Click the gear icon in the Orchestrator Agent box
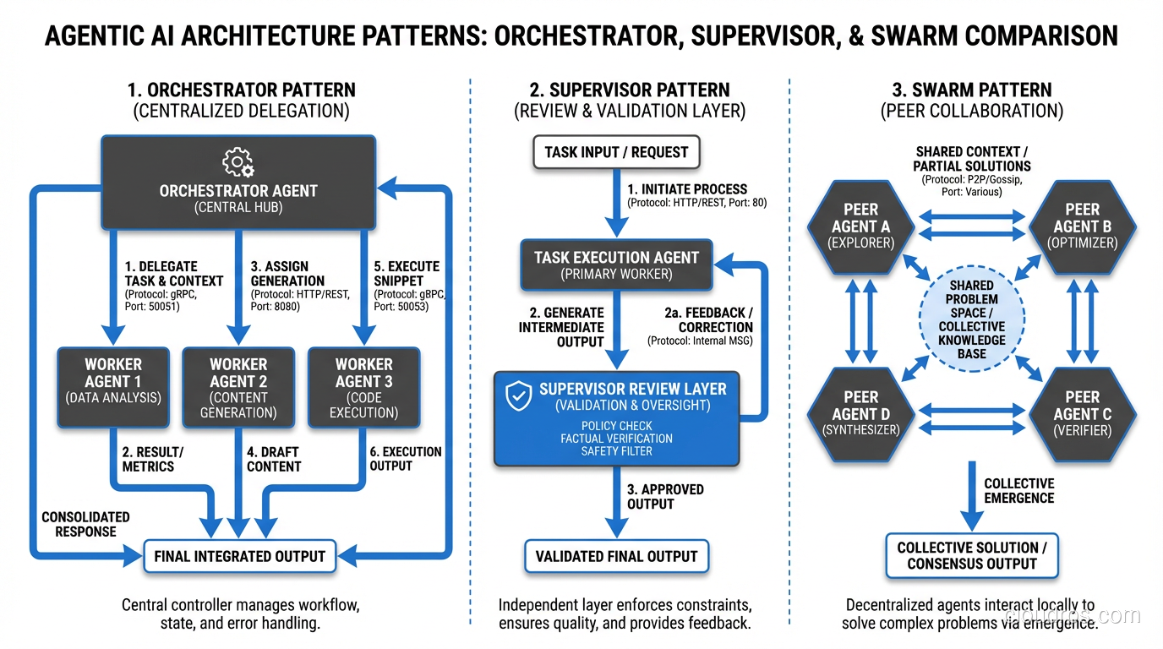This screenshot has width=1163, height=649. (x=238, y=162)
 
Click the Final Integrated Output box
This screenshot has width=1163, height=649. (x=239, y=556)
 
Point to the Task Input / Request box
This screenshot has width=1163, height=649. (x=616, y=152)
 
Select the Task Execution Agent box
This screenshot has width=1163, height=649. (x=616, y=265)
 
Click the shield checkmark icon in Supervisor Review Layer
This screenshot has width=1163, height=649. (x=518, y=395)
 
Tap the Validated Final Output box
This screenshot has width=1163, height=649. (x=616, y=556)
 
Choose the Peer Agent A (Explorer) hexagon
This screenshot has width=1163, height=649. (x=860, y=226)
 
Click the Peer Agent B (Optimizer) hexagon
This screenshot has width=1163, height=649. (x=1082, y=226)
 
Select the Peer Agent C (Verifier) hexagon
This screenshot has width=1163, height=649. (x=1082, y=414)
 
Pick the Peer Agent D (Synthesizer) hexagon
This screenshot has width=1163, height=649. (x=860, y=414)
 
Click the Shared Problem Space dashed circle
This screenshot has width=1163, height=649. (x=971, y=320)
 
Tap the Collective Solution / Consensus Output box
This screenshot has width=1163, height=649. (x=971, y=556)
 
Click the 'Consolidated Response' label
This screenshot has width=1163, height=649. (x=85, y=524)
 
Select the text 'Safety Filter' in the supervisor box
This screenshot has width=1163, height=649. (x=616, y=451)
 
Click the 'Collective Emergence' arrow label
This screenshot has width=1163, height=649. (x=1018, y=490)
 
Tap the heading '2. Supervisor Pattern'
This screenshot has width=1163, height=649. (x=629, y=90)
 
